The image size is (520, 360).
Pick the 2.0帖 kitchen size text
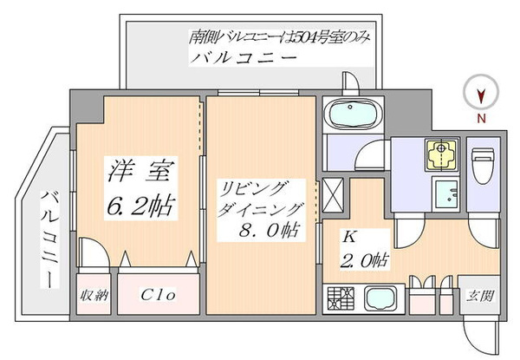365,259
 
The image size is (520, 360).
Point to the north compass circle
480,90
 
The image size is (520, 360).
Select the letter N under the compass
480,115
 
